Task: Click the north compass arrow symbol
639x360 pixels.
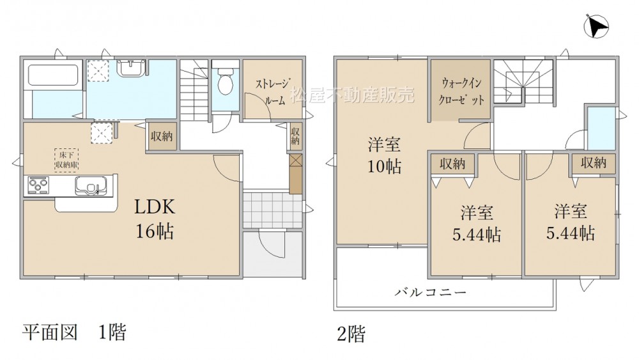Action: coord(596,26)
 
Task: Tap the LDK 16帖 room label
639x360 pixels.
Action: coord(155,219)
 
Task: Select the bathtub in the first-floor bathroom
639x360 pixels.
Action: coord(53,75)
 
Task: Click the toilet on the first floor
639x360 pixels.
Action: coord(224,81)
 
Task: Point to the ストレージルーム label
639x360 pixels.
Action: coord(273,91)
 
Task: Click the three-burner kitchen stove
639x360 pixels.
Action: coord(38,185)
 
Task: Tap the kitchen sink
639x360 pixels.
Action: coord(91,186)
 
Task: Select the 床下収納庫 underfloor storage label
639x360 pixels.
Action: coord(67,159)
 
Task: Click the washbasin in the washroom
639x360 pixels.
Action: coord(131,67)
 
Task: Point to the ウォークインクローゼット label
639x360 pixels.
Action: coord(461,91)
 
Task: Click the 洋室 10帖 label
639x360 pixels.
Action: coord(384,155)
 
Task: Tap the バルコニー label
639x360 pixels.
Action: coord(430,292)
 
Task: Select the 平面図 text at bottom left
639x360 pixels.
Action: coord(49,333)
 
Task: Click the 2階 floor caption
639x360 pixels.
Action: coord(351,334)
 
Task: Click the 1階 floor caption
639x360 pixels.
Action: coord(112,333)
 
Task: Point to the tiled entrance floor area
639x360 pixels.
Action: coord(273,210)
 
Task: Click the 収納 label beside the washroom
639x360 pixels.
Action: coord(162,136)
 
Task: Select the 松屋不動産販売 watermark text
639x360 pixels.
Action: coord(352,95)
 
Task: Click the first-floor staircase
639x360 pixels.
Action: coord(194,90)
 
